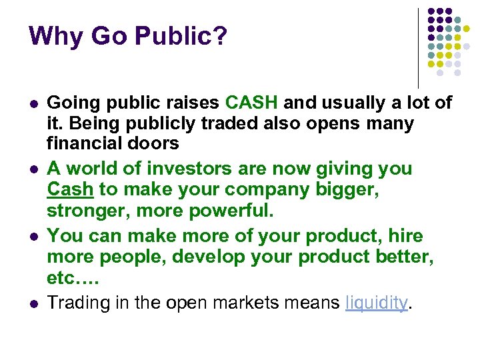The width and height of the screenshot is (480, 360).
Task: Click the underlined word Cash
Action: click(x=70, y=189)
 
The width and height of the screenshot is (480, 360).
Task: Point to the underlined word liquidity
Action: click(x=376, y=303)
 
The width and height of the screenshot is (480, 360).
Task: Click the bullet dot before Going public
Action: click(x=33, y=104)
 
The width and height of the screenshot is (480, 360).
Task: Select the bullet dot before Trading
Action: click(x=33, y=304)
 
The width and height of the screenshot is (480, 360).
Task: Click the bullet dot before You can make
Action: click(x=33, y=237)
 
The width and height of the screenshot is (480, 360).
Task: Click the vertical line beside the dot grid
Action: click(x=418, y=47)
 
